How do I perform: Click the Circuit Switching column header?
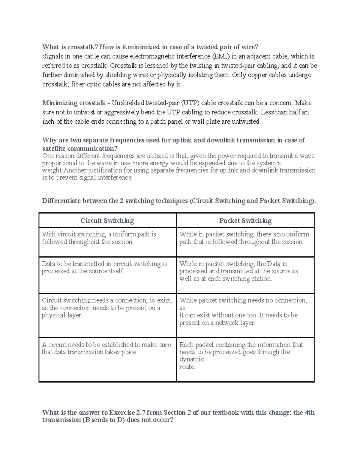[x=107, y=221]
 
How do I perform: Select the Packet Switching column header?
[x=245, y=221]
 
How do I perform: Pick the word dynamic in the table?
[x=192, y=359]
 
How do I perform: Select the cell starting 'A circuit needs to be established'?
[x=107, y=359]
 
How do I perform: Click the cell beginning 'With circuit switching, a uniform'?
[x=107, y=242]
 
